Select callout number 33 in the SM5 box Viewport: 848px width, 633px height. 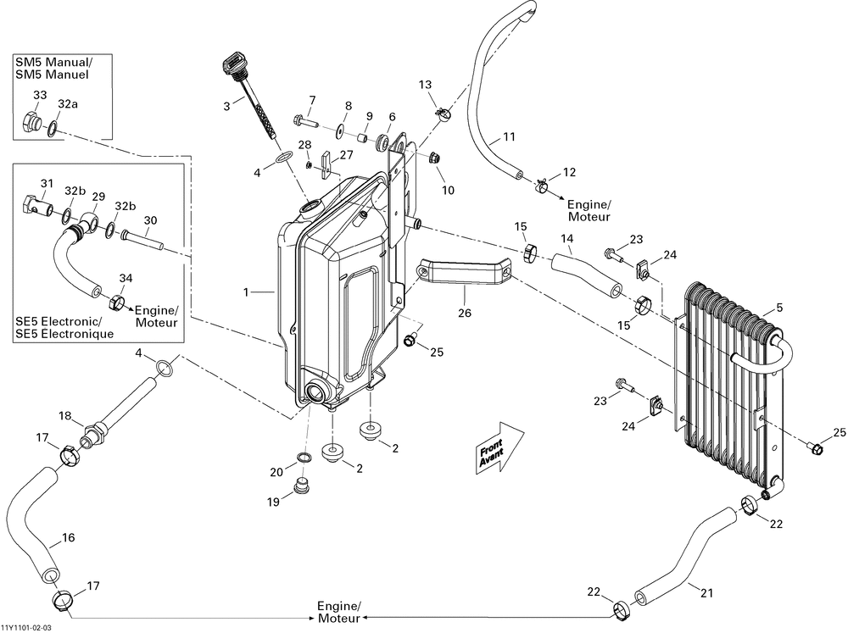point(39,95)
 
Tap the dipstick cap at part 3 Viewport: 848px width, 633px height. point(231,64)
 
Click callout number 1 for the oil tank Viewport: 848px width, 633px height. point(246,292)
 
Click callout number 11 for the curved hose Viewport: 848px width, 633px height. point(509,136)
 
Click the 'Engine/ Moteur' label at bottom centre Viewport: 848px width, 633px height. point(339,613)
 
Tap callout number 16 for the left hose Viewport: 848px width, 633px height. point(69,537)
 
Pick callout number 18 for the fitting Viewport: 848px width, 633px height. point(65,416)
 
